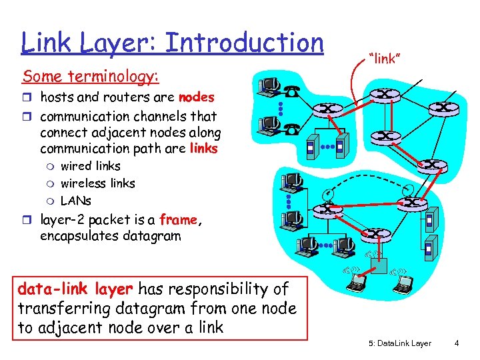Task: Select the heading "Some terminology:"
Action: click(90, 77)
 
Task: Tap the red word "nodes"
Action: click(197, 97)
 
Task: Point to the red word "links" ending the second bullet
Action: click(203, 148)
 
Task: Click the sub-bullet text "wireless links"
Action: click(97, 183)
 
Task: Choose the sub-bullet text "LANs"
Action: click(76, 200)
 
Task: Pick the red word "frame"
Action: click(178, 219)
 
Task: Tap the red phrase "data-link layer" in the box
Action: click(75, 289)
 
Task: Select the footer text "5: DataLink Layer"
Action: click(399, 343)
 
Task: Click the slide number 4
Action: click(456, 343)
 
